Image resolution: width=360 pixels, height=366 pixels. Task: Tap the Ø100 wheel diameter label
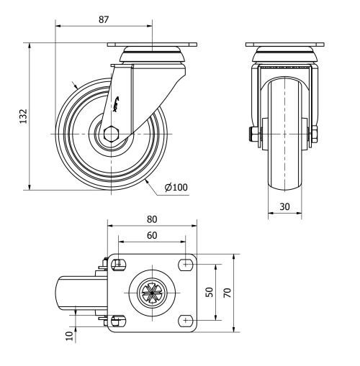click(176, 188)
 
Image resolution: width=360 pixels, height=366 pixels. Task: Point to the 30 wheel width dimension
click(285, 205)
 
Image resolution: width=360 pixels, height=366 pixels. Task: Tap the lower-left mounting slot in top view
click(118, 320)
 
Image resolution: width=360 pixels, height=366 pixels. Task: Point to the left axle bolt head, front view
click(254, 134)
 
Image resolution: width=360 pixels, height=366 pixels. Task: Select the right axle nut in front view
click(315, 134)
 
